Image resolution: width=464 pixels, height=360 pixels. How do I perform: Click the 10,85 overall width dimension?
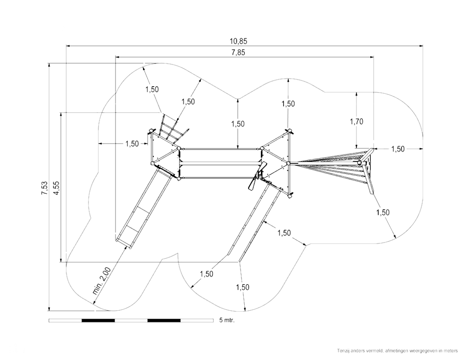(x=239, y=41)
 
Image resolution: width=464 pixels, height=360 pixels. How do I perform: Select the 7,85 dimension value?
(x=239, y=53)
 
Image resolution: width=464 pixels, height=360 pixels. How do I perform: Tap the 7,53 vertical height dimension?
(x=45, y=188)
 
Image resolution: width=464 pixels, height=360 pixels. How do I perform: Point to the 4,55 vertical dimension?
(x=56, y=187)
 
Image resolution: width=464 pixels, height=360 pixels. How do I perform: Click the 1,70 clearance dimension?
(x=356, y=121)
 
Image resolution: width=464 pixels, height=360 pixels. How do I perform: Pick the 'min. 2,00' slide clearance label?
(x=102, y=281)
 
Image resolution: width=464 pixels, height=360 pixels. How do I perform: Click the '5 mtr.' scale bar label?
(x=227, y=320)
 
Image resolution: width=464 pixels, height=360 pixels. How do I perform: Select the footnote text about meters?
(x=397, y=351)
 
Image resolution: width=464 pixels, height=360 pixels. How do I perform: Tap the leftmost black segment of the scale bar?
(x=98, y=320)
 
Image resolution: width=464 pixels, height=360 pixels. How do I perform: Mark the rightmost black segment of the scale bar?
(x=164, y=320)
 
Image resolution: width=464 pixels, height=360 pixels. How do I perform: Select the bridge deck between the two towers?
(x=221, y=163)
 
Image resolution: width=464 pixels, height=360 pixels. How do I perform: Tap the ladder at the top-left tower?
(x=171, y=128)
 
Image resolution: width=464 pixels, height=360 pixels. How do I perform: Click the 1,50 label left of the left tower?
(x=132, y=144)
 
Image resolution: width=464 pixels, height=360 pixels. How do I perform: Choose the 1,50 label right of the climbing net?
(x=398, y=149)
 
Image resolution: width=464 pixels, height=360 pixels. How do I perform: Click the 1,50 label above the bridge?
(x=238, y=124)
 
